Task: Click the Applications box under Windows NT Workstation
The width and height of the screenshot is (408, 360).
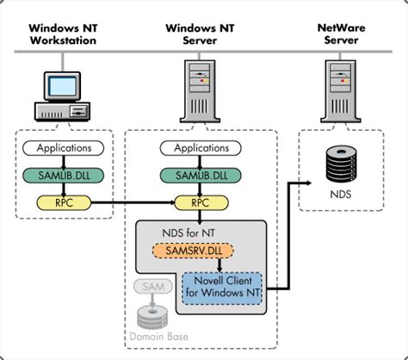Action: (x=63, y=148)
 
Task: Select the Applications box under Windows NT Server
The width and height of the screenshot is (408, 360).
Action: (x=201, y=148)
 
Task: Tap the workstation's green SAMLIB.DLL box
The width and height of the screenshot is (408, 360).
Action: (x=63, y=176)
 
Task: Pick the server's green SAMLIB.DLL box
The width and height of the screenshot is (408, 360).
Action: (x=201, y=176)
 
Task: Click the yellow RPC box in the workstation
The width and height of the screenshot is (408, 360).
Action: (x=64, y=202)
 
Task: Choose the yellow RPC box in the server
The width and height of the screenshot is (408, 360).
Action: (x=201, y=202)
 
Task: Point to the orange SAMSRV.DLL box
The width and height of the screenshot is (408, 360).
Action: (x=193, y=251)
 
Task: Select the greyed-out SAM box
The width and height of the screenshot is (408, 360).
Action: (x=153, y=287)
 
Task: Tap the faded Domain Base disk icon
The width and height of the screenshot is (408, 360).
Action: (x=152, y=317)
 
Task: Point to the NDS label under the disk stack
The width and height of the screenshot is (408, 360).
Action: (x=341, y=195)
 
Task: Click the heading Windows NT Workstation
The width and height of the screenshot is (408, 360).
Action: (x=63, y=34)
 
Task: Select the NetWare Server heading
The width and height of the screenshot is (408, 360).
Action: (x=341, y=34)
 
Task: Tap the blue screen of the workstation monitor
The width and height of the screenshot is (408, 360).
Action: (x=62, y=86)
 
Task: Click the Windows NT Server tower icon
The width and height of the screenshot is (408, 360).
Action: (x=200, y=91)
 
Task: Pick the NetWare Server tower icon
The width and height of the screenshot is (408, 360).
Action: (x=341, y=91)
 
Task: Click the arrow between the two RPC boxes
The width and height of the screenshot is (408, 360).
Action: (x=133, y=202)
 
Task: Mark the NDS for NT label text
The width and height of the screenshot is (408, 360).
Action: (x=189, y=233)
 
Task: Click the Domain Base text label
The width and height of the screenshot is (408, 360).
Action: (x=159, y=337)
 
